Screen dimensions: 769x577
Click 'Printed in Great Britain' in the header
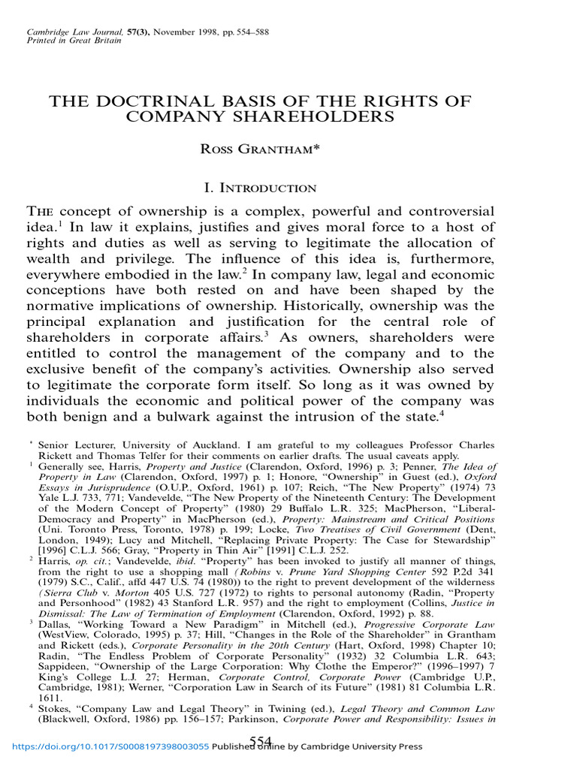[70, 42]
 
